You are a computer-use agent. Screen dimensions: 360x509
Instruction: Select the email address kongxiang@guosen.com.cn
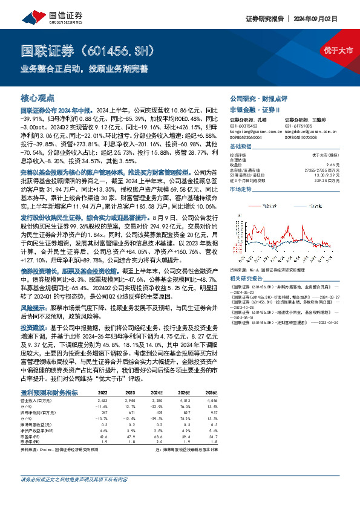tap(256, 130)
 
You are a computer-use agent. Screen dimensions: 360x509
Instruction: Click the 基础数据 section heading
tap(240, 146)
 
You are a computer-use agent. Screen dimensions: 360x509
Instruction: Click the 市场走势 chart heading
tap(240, 189)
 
